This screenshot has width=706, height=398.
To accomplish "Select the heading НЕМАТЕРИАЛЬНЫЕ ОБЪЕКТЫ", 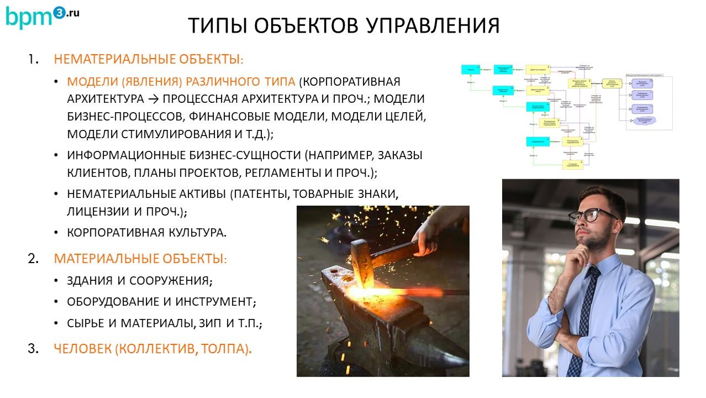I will point(148,59).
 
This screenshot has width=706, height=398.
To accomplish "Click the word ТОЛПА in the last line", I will point(225,349).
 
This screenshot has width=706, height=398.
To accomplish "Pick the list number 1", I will point(34,59).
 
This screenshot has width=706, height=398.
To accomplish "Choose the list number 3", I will point(33,349).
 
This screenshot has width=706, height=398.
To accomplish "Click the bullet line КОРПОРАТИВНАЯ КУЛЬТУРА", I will point(147,232).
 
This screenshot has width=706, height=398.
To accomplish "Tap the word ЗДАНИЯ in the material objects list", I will point(91,280).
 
